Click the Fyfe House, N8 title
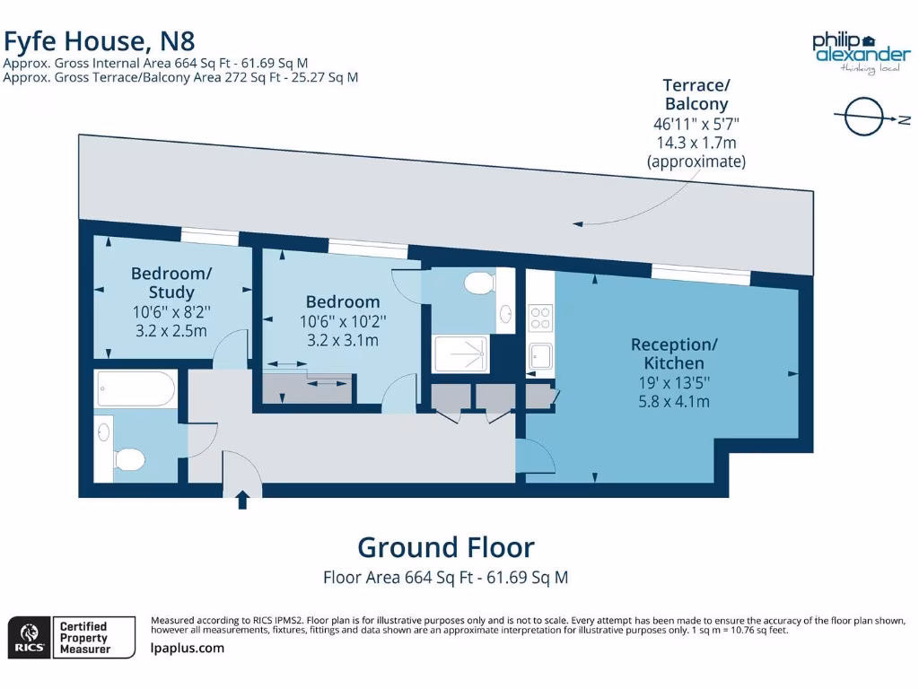(99, 41)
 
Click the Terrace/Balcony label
(696, 94)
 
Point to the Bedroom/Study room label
(171, 283)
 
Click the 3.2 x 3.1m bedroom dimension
(342, 341)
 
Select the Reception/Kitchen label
(674, 353)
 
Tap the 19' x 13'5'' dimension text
(673, 383)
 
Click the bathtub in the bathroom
(136, 389)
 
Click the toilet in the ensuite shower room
(479, 283)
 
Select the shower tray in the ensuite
(460, 354)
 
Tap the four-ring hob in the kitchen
(541, 318)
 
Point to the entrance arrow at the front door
(242, 500)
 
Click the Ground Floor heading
(446, 547)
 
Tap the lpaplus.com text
(188, 648)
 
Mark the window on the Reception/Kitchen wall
(700, 275)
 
